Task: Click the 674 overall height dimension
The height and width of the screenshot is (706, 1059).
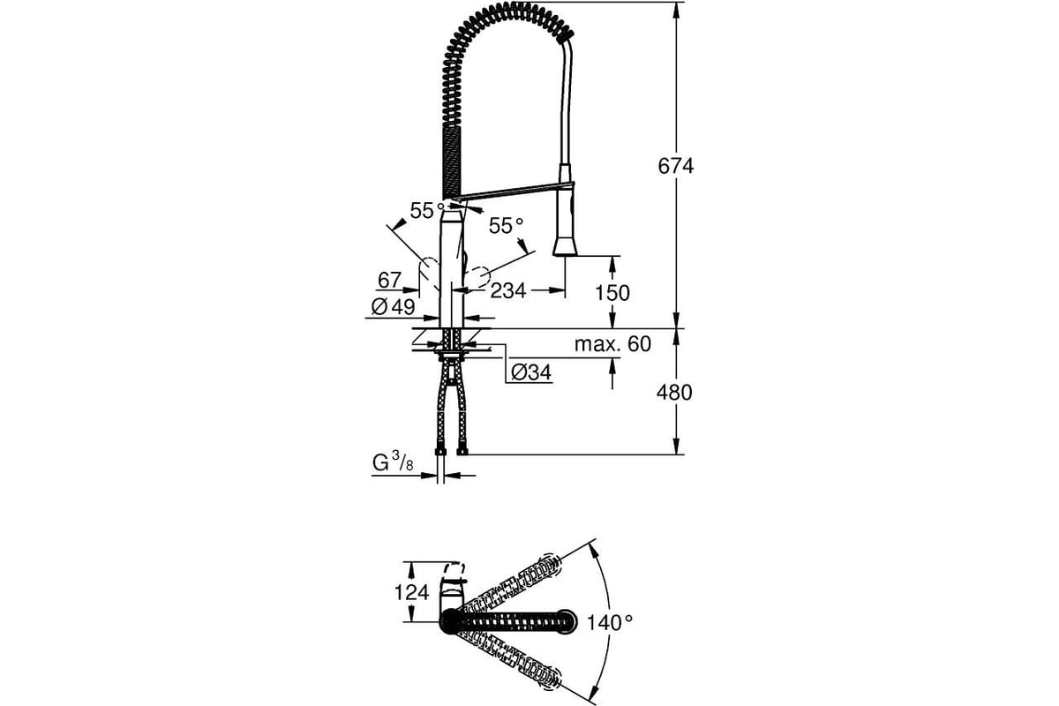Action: [676, 166]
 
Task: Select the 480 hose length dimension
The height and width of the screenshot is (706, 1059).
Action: [676, 393]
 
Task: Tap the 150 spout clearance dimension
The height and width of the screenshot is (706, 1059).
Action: [612, 293]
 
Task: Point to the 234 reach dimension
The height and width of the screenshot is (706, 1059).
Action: [507, 290]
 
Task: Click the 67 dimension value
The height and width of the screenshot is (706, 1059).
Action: [389, 281]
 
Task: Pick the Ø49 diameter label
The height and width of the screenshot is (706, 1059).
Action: [393, 307]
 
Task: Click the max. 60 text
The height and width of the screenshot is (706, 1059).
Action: [612, 344]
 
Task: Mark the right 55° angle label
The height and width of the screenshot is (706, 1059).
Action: [507, 226]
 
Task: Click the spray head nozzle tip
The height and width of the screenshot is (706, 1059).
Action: [565, 249]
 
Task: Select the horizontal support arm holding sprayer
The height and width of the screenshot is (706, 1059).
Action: [516, 190]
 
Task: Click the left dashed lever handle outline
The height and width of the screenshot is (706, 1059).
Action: [428, 275]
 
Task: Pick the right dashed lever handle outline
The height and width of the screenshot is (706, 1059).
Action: [477, 279]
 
